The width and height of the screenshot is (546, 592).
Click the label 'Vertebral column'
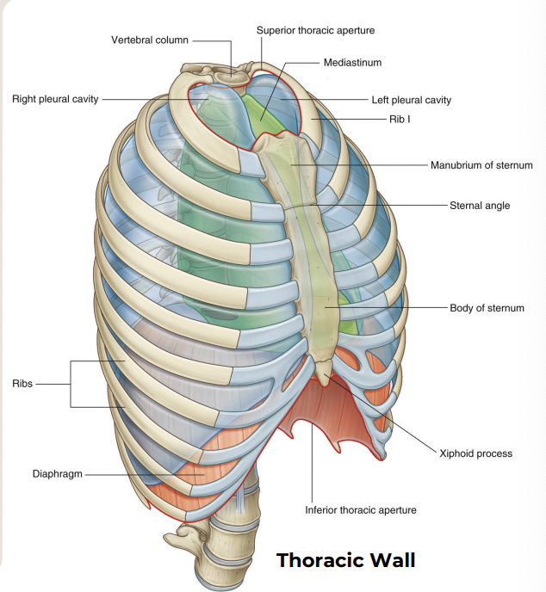pos(149,40)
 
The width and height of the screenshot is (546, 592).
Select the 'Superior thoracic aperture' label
pos(315,30)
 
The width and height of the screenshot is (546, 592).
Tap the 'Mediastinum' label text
pos(352,63)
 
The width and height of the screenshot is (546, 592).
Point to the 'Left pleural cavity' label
pos(411,100)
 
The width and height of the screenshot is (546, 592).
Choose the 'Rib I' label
pos(398,118)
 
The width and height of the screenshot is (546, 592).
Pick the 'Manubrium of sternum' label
pos(481,164)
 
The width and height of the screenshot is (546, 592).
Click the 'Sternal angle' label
pos(480,206)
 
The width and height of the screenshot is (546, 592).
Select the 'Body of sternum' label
pos(487,307)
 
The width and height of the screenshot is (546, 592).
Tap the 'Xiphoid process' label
pos(475,453)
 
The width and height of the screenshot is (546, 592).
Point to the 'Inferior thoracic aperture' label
pos(361,510)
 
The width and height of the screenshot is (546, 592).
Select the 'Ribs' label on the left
pos(22,384)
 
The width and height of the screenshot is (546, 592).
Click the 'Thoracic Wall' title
pos(345,560)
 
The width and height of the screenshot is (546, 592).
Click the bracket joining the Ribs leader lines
pos(71,384)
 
